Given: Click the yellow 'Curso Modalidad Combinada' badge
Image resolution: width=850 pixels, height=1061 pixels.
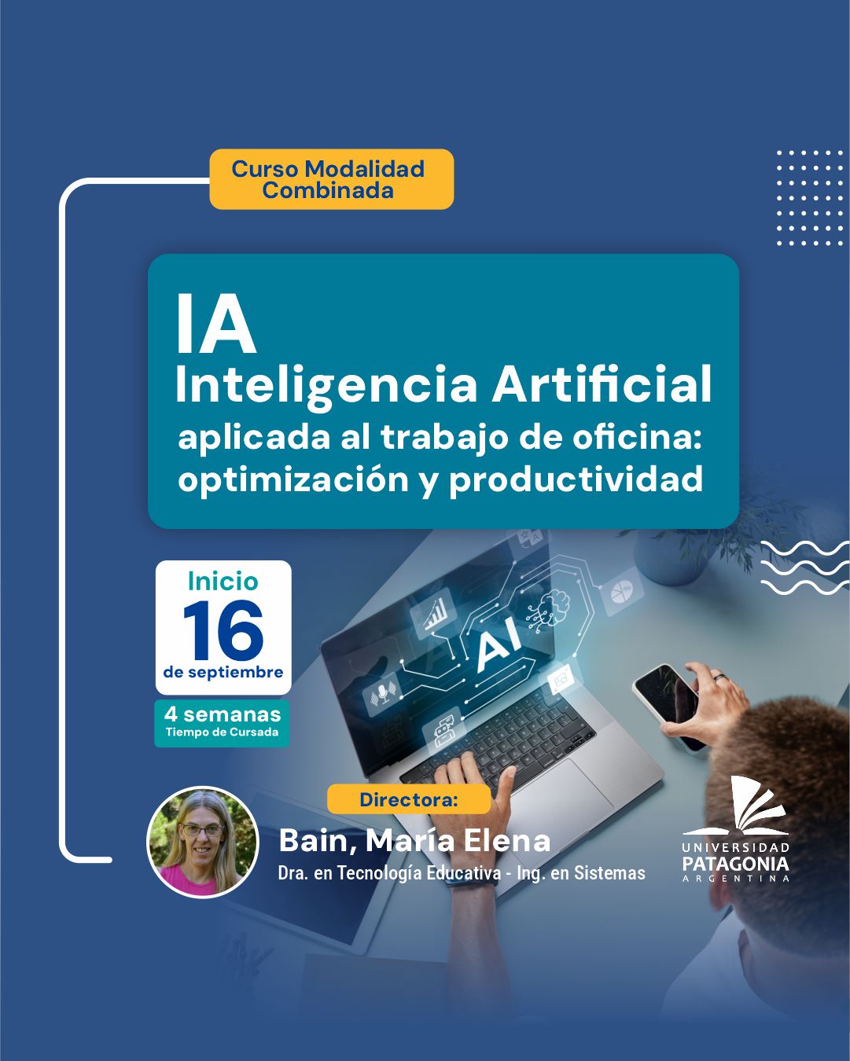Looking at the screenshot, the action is coord(332,179).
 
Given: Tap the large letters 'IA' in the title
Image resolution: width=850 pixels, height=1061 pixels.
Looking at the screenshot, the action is coord(215,324).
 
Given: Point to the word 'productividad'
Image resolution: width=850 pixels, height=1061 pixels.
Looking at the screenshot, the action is coord(576,479).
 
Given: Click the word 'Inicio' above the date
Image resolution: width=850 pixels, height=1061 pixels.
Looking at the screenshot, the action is coord(223,582).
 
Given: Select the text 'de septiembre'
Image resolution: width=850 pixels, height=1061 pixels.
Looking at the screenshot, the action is coord(223,673).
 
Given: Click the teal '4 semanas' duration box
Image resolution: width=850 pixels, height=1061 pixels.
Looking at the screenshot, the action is coord(222,723).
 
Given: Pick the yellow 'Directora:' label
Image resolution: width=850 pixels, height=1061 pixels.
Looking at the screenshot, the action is coord(409,800).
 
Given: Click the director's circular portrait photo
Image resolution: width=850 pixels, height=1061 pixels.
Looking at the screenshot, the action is coord(203,842).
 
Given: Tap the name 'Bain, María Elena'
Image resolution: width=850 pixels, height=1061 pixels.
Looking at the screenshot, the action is coord(414,841).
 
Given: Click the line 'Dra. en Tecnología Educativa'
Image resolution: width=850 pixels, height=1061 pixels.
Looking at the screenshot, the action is coord(390,873).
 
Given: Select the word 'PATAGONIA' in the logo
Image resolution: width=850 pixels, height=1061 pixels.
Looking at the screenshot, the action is coord(735,864).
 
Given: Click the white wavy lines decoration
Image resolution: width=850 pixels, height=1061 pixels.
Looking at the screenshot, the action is coord(805,567).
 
